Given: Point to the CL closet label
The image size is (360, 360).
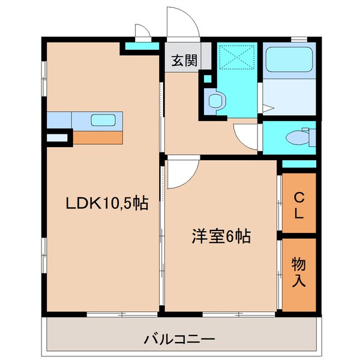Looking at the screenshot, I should [x=298, y=204].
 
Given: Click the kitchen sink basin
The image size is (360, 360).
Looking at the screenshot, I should [x=100, y=119].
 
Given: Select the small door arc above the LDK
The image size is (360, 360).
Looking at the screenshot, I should [x=142, y=32].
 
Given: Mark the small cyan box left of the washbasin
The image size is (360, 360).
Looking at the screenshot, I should [x=208, y=78].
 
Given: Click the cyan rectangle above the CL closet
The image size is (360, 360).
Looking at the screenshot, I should [x=298, y=164].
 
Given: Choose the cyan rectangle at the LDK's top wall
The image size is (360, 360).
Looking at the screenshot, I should [x=142, y=46].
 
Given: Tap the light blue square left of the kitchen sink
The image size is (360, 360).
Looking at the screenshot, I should [x=59, y=119].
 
